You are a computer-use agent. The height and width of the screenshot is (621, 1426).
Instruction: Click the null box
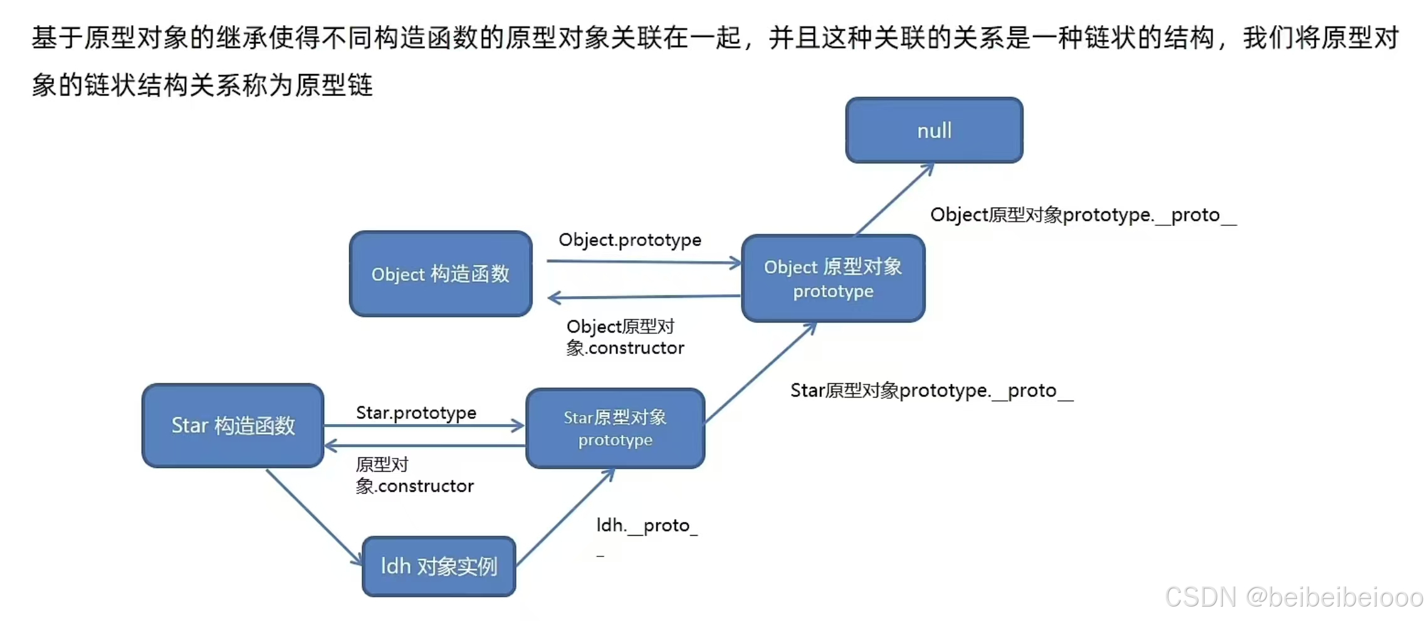tap(934, 130)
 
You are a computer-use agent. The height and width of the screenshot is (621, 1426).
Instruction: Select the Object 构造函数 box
tap(441, 274)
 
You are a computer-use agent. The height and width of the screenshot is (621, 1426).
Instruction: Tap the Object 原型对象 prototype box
tap(833, 279)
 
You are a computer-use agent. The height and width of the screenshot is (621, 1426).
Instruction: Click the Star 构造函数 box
tap(233, 426)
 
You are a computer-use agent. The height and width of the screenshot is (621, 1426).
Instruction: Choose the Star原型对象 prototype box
tap(615, 428)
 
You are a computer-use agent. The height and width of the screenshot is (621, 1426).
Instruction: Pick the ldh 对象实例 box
tap(439, 566)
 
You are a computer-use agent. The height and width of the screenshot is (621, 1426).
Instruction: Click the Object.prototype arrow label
tap(629, 240)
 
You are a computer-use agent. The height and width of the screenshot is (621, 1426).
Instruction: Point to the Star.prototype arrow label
tap(416, 413)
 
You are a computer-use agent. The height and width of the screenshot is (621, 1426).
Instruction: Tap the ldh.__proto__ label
tap(646, 526)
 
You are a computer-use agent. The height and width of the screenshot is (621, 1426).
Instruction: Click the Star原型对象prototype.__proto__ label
tap(931, 391)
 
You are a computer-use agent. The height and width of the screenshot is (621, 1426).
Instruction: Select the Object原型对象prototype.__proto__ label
tap(1083, 215)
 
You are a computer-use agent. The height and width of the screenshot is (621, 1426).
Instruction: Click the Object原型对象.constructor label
tap(624, 337)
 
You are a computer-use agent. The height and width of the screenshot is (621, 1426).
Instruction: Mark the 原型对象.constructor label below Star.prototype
tap(414, 475)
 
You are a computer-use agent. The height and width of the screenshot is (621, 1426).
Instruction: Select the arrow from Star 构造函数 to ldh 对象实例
tap(313, 516)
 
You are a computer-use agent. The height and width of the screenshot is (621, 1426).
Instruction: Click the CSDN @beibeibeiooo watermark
tap(1293, 597)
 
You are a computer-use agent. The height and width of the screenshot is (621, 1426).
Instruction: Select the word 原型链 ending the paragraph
tap(333, 85)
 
